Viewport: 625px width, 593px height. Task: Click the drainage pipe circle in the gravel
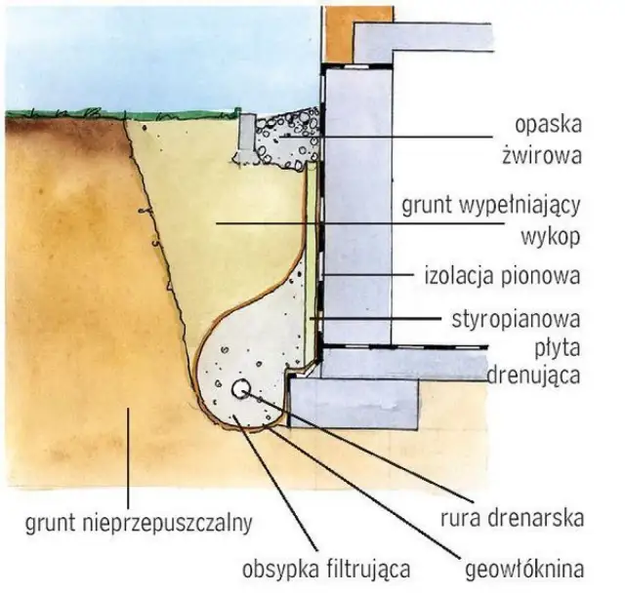[240, 388]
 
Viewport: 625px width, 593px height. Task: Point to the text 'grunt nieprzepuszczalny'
[136, 522]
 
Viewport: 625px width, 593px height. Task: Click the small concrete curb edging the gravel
[245, 137]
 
